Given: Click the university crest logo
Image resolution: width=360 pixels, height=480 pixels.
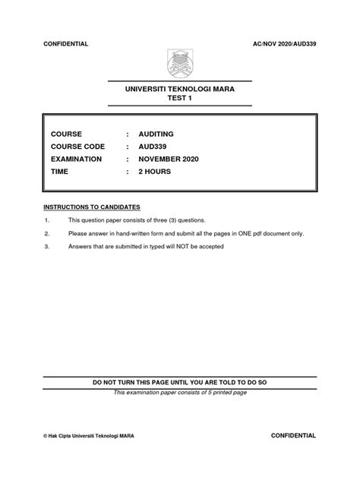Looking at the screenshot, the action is click(180, 64).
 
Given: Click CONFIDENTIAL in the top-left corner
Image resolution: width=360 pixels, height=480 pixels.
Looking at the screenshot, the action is click(67, 45).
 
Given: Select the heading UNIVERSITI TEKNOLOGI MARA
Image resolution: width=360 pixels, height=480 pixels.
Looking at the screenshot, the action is click(180, 90).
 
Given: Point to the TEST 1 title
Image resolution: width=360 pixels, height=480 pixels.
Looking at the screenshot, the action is click(180, 99).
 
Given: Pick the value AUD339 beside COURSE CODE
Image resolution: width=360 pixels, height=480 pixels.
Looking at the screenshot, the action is click(154, 147).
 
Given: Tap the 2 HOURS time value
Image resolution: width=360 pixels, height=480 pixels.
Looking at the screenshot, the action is click(155, 172).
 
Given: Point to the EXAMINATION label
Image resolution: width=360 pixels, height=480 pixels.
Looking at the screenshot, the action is click(77, 159).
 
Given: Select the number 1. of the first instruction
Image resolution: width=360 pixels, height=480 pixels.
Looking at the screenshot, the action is click(47, 219).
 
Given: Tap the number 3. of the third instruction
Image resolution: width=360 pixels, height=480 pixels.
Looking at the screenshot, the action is click(47, 246).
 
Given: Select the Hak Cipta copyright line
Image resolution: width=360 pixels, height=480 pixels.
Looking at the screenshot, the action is click(94, 437).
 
